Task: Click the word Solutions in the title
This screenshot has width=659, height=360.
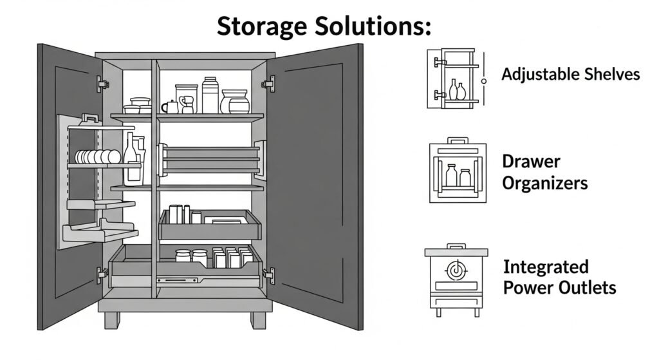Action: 374,26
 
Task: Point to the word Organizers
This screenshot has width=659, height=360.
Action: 544,183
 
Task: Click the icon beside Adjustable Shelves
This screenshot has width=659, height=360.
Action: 454,78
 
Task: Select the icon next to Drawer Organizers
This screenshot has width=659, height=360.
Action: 458,171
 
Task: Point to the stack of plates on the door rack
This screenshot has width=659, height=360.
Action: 97,156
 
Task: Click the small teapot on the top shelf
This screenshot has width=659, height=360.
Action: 171,107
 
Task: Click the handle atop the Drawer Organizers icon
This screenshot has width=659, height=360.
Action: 458,140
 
